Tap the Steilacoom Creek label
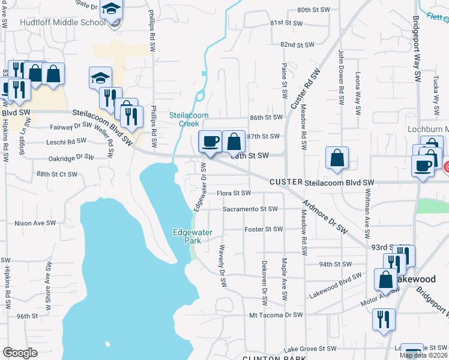tap(184, 119)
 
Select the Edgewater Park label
tap(190, 236)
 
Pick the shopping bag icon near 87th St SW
tap(234, 142)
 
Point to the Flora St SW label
tap(234, 193)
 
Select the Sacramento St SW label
tap(250, 209)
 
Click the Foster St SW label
tap(263, 229)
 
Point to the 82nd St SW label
tap(297, 45)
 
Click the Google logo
tap(20, 353)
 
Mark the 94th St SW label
tap(334, 264)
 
